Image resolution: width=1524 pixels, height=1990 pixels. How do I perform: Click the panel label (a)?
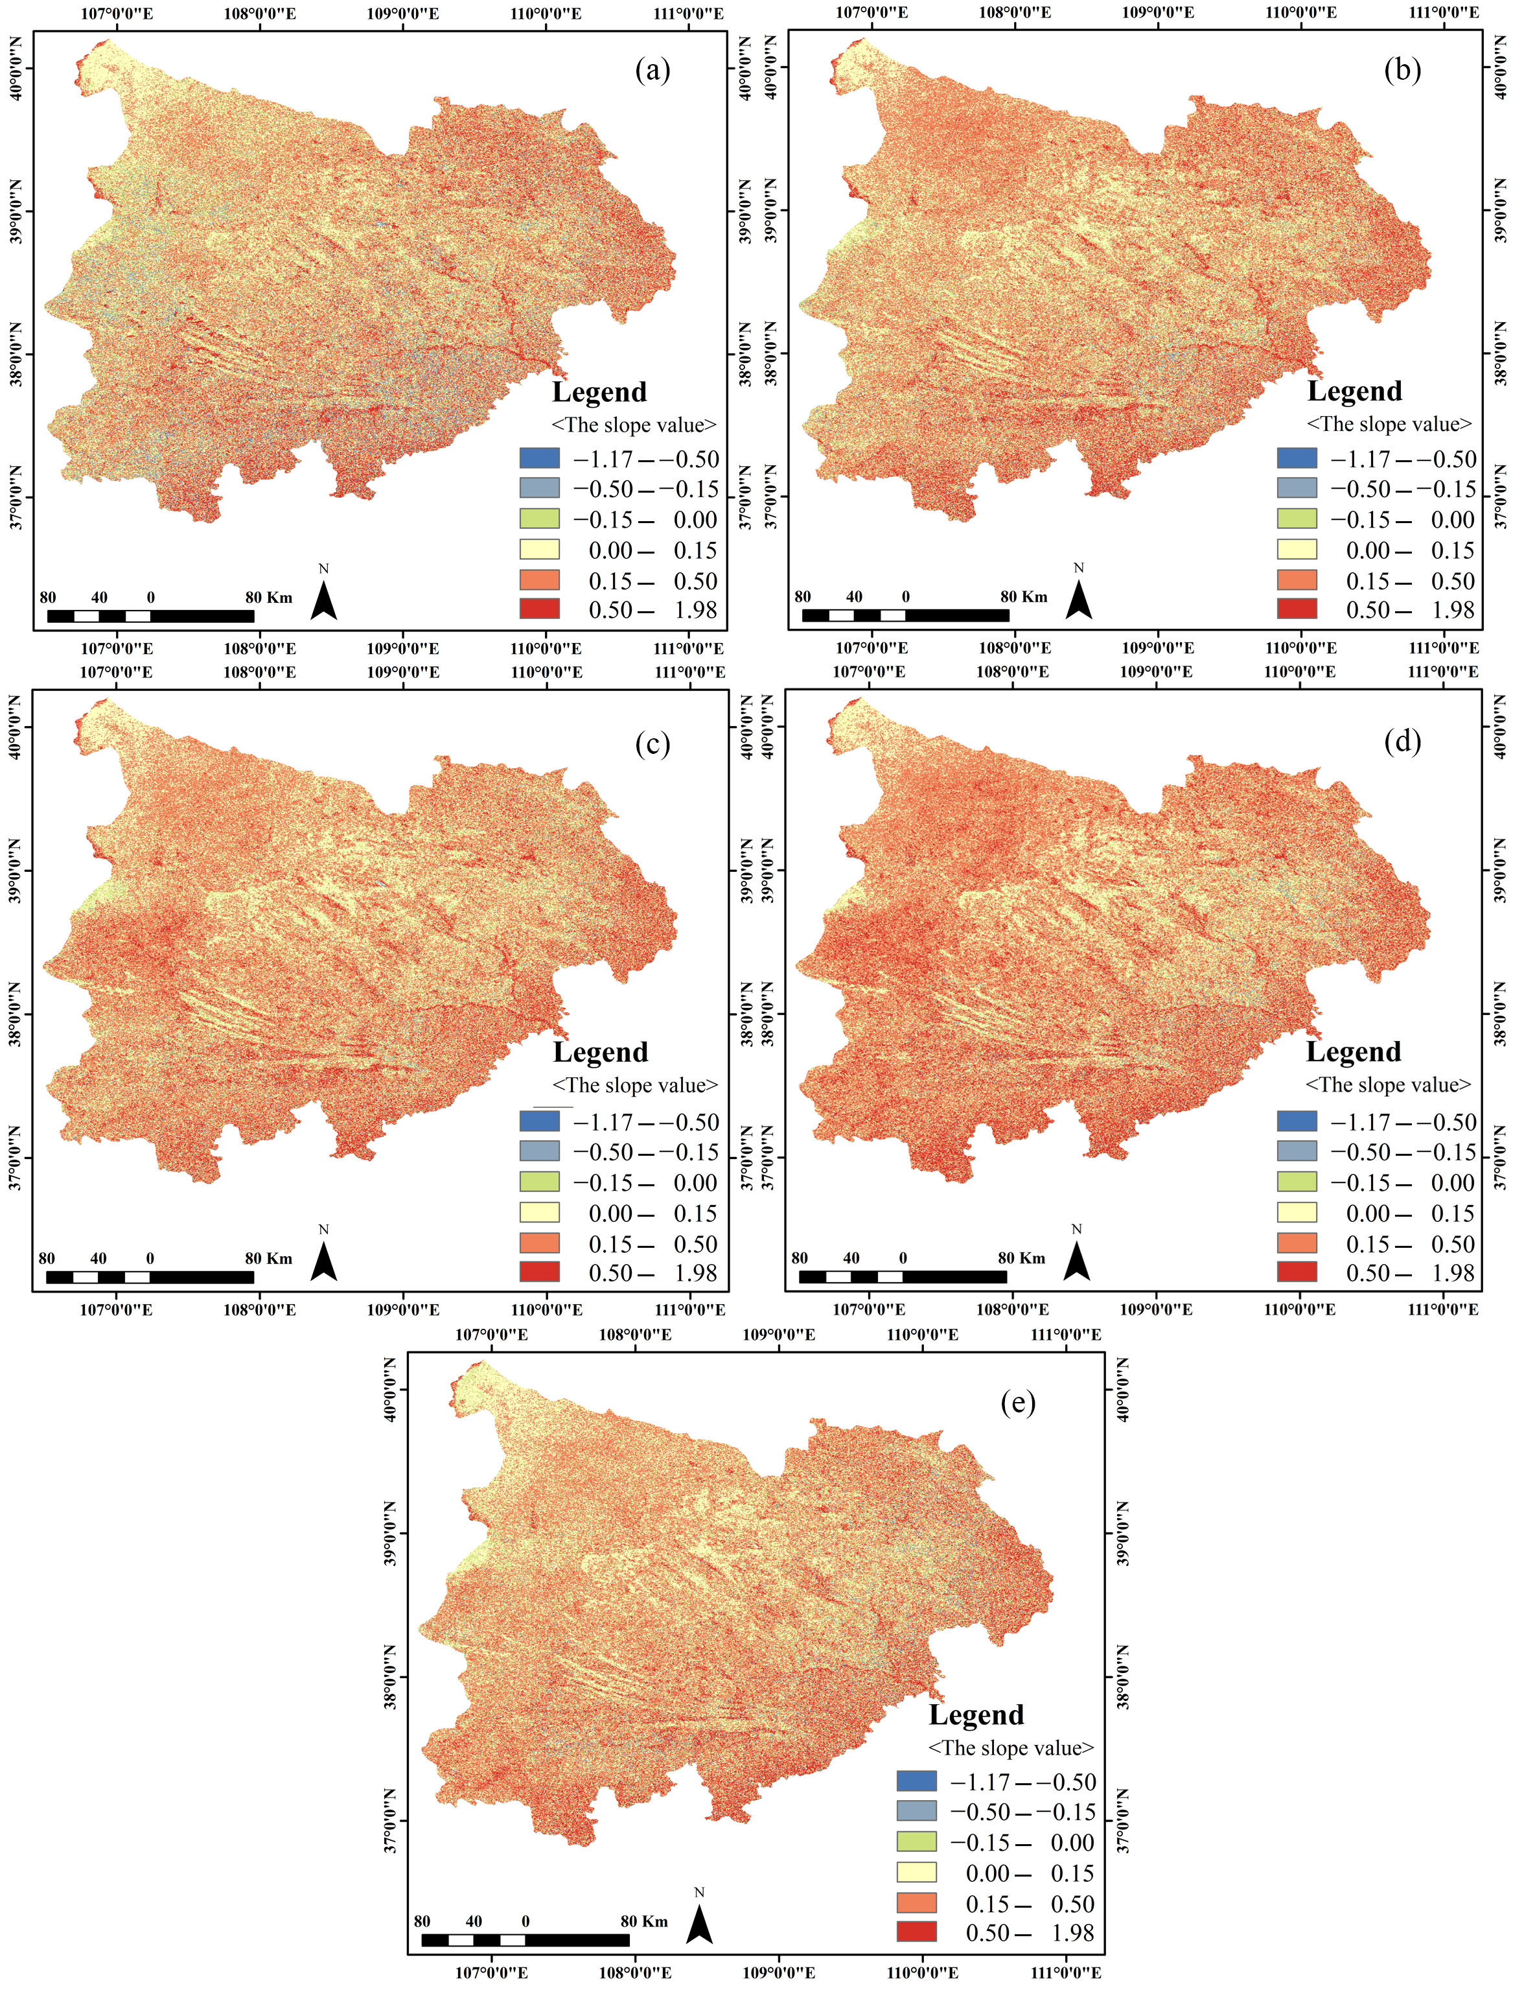(652, 70)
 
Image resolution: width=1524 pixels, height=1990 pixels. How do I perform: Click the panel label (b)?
(1402, 70)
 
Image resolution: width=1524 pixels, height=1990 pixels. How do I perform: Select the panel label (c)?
(652, 743)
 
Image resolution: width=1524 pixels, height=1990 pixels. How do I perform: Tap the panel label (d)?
(1402, 742)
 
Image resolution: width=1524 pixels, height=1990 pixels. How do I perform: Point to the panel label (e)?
(1018, 1402)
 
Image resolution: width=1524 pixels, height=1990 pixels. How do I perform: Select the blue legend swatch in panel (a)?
(539, 458)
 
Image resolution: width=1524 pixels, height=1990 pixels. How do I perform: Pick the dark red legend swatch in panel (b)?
(1297, 609)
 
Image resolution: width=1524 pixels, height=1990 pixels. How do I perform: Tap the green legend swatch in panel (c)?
(539, 1182)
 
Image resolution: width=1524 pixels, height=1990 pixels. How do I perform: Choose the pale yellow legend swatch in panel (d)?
(1297, 1212)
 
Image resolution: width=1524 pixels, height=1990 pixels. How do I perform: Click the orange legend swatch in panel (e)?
(916, 1903)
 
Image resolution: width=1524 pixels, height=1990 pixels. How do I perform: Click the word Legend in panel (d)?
(1354, 1051)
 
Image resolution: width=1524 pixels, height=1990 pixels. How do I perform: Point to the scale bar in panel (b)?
(905, 615)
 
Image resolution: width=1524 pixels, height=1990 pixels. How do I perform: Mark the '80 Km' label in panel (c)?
(268, 1259)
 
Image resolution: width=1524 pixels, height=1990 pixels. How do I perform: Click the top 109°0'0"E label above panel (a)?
(403, 14)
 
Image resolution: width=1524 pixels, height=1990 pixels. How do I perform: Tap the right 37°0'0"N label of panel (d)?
(1499, 1157)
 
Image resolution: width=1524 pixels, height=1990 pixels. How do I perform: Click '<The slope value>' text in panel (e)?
(1011, 1748)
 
